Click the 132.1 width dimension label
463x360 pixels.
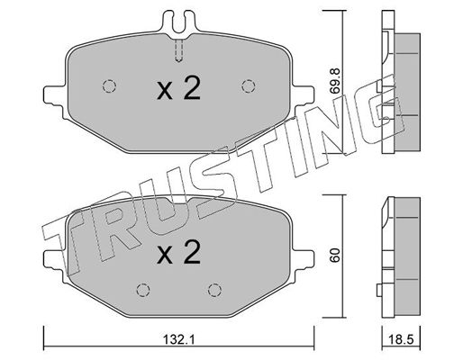pyautogui.click(x=179, y=340)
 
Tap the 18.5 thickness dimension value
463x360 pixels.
pyautogui.click(x=401, y=340)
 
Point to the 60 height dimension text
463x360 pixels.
pyautogui.click(x=335, y=255)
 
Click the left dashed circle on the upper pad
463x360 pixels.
pyautogui.click(x=109, y=86)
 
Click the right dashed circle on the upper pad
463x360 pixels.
pyautogui.click(x=249, y=86)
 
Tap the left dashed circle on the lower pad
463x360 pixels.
pyautogui.click(x=143, y=290)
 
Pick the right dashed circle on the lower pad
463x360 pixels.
pyautogui.click(x=214, y=290)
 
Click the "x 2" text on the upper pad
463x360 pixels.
pyautogui.click(x=178, y=88)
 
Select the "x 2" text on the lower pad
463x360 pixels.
pyautogui.click(x=178, y=252)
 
